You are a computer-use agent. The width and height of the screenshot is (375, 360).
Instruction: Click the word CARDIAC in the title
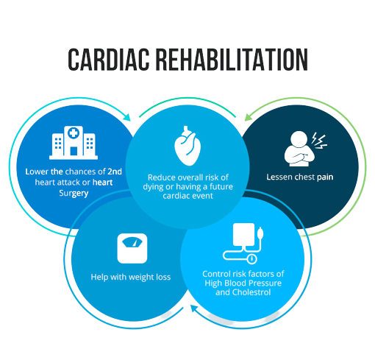[x=109, y=60]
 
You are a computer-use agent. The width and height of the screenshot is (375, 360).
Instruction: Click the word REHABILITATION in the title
[x=232, y=60]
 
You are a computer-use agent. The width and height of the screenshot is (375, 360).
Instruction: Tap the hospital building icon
[x=74, y=142]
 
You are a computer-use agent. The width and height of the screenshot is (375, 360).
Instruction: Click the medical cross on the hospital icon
[x=74, y=133]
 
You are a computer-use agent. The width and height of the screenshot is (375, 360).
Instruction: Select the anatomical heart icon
[x=187, y=145]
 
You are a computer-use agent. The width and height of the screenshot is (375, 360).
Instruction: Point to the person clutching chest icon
[x=299, y=149]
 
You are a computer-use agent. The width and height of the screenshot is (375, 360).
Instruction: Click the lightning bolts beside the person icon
[x=319, y=141]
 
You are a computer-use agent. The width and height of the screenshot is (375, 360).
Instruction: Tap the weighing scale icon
[x=132, y=248]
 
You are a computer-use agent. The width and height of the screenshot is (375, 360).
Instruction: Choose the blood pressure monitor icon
[x=243, y=244]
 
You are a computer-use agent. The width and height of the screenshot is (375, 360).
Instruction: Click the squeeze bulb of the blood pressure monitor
[x=260, y=233]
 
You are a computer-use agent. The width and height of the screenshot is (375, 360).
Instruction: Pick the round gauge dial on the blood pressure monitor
[x=251, y=258]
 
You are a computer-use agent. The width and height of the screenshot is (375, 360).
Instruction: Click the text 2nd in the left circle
[x=115, y=172]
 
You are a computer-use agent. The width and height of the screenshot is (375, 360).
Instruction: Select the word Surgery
[x=74, y=194]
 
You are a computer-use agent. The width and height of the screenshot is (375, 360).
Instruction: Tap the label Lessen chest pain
[x=300, y=177]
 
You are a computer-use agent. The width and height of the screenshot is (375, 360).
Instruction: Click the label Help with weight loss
[x=131, y=277]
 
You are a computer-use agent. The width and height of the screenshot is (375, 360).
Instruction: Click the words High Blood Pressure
[x=243, y=283]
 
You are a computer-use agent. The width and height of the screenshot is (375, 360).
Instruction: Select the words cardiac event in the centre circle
[x=187, y=196]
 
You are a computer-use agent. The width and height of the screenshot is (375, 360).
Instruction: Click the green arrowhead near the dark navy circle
[x=248, y=117]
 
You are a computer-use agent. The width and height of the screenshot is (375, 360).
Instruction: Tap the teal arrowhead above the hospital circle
[x=127, y=117]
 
